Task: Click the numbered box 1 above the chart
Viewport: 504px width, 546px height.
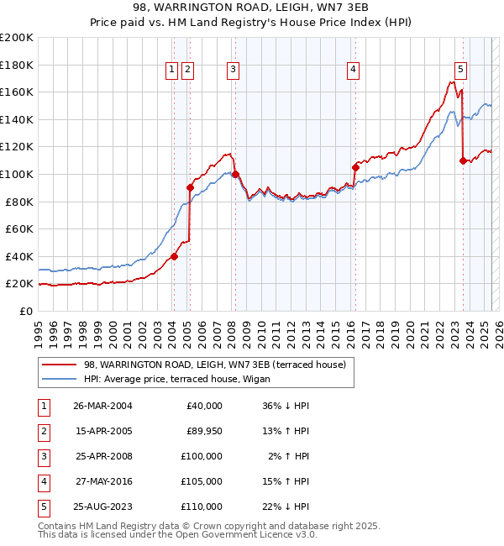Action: pyautogui.click(x=172, y=70)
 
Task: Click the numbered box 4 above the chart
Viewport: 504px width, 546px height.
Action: pyautogui.click(x=354, y=70)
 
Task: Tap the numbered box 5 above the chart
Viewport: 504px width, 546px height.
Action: pyautogui.click(x=461, y=70)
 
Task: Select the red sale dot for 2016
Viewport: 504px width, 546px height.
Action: pyautogui.click(x=355, y=167)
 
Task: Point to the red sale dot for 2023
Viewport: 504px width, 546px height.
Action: pyautogui.click(x=463, y=160)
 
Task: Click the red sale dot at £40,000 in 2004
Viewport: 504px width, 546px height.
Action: pyautogui.click(x=175, y=256)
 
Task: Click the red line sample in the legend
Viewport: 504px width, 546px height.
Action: pyautogui.click(x=59, y=365)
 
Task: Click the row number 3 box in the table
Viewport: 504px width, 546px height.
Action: pyautogui.click(x=43, y=456)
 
